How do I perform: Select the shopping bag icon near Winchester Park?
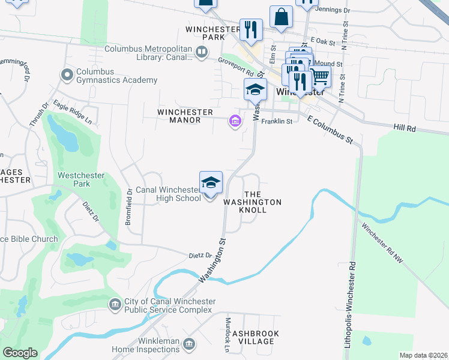click(281, 18)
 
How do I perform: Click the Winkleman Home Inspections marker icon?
click(189, 344)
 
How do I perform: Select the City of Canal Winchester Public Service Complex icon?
click(115, 305)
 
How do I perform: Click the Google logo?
click(20, 353)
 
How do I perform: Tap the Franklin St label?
click(280, 121)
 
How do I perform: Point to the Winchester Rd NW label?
click(382, 244)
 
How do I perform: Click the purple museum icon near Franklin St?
click(234, 122)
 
